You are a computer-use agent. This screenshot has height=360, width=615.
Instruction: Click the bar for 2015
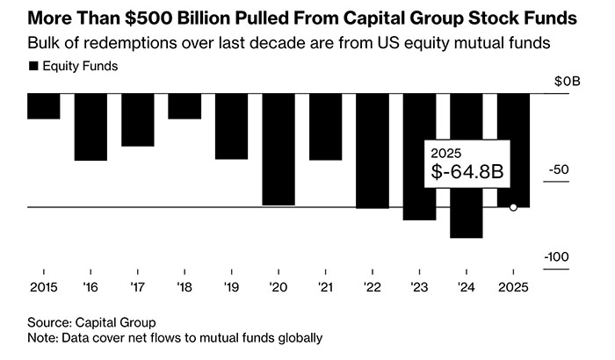click(x=43, y=106)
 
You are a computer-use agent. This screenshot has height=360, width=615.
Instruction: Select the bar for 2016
click(x=90, y=127)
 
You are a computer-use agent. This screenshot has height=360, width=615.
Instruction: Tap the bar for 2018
click(x=184, y=106)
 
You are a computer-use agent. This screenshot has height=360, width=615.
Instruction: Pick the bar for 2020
click(x=279, y=149)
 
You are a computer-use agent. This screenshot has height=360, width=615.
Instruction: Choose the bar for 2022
click(x=373, y=151)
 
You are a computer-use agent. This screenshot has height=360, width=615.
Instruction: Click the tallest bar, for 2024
click(x=466, y=166)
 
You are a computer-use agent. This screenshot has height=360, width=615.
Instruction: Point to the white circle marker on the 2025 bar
click(x=513, y=207)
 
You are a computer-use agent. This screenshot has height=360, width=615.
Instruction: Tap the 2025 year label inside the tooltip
click(x=447, y=152)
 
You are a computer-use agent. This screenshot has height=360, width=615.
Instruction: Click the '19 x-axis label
click(x=232, y=286)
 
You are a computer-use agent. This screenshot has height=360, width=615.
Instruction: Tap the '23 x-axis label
click(x=420, y=286)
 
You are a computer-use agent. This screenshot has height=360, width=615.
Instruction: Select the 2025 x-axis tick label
click(x=513, y=286)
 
